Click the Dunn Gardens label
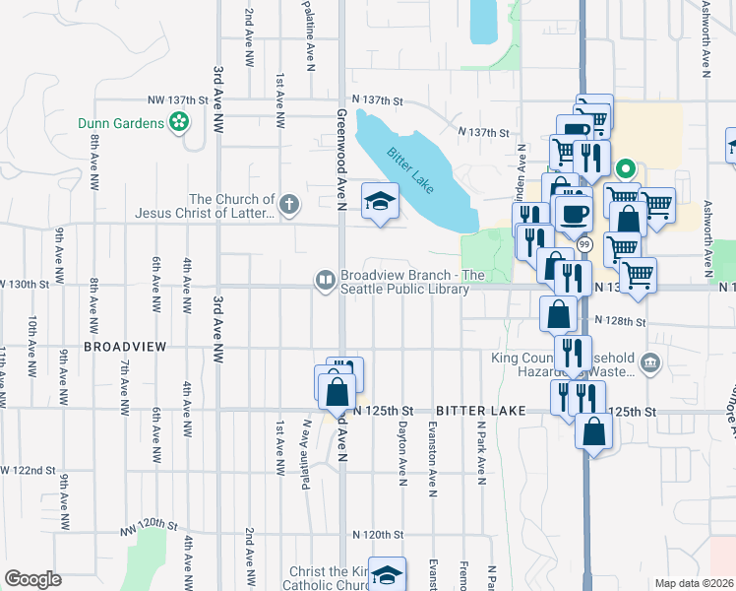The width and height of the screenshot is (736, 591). tap(122, 123)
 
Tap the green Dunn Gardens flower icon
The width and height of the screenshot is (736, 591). tap(179, 123)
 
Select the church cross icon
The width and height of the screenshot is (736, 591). tap(287, 205)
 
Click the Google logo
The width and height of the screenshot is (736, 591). tap(32, 578)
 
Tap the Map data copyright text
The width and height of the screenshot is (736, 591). tap(694, 583)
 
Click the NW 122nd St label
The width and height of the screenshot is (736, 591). tap(30, 471)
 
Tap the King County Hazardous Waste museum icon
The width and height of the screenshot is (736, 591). tap(649, 364)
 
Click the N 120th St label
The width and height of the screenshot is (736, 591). tap(377, 534)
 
